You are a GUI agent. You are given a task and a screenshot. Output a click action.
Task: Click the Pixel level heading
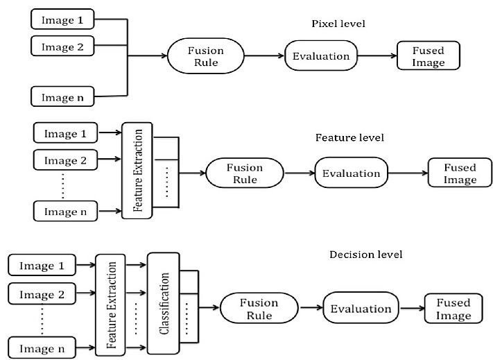point(338,24)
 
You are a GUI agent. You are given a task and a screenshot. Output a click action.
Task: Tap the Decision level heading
point(365,255)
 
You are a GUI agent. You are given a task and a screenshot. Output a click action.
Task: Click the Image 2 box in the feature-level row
point(65,161)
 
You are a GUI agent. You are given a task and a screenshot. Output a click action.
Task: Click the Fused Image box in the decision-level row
point(453,309)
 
